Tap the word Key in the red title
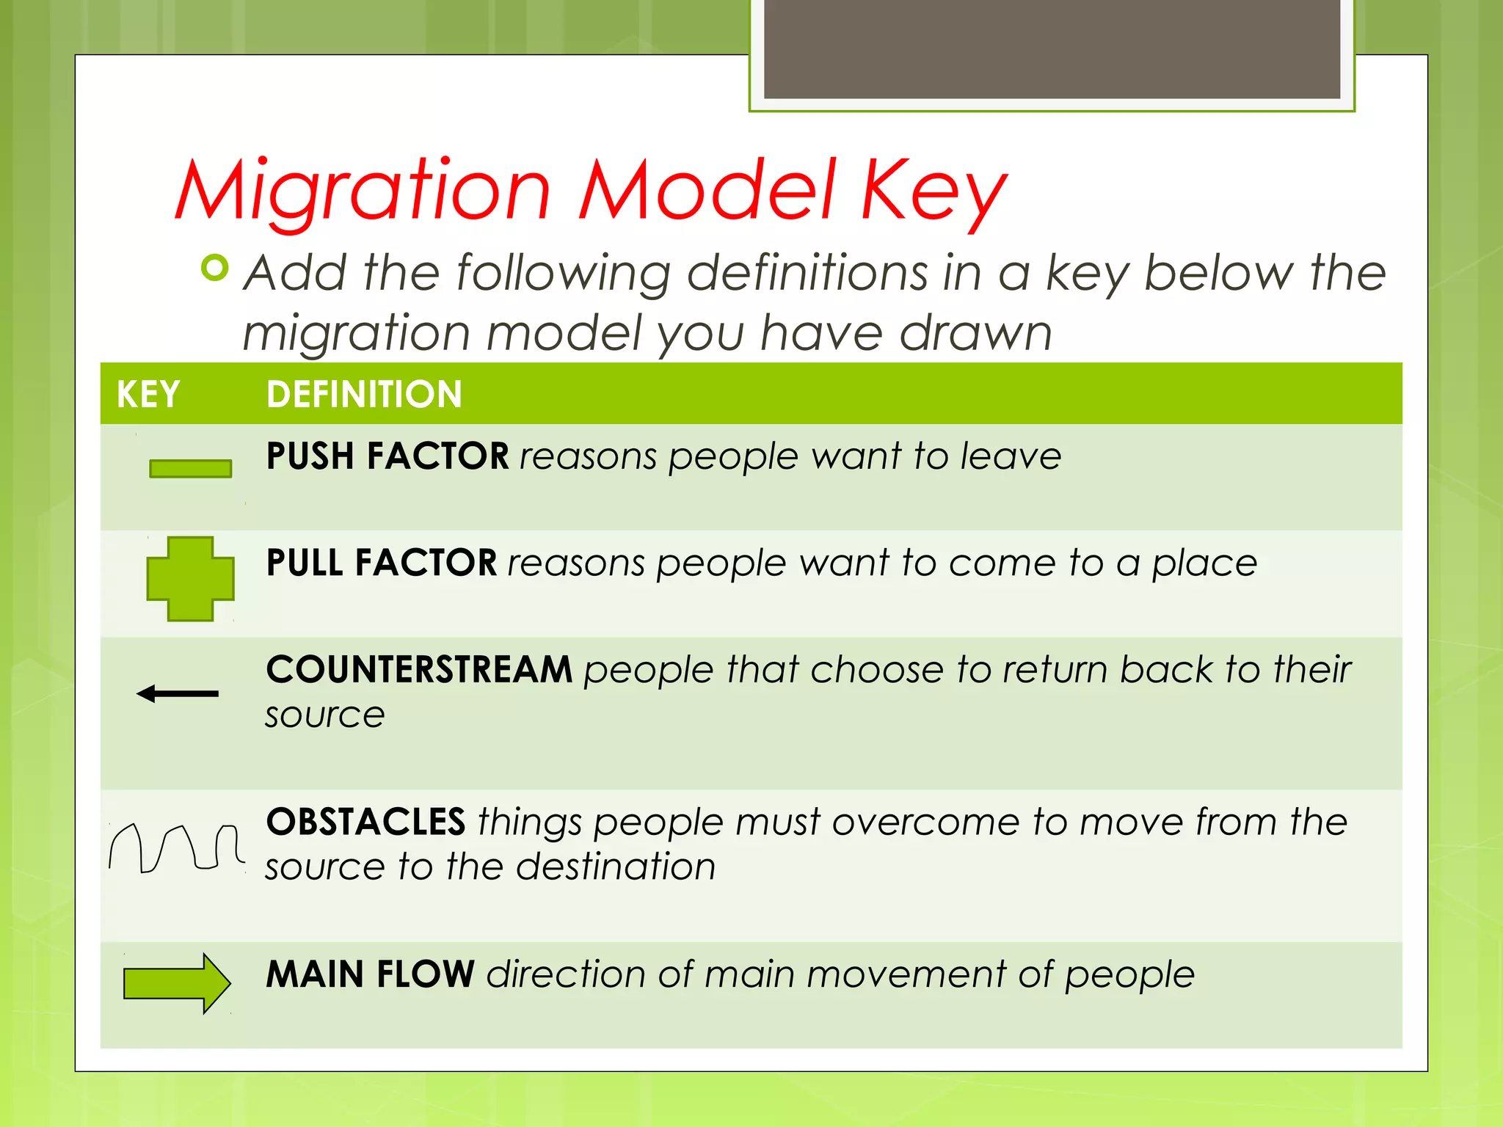coord(934,192)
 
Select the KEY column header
coord(148,394)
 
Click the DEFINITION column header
coord(364,394)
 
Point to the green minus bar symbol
coord(190,468)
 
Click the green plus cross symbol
coord(190,579)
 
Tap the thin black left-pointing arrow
coord(178,693)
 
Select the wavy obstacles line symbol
coord(176,848)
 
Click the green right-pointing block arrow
coord(177,983)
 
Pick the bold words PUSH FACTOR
coord(387,456)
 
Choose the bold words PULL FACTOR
coord(382,563)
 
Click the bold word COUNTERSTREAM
coord(419,669)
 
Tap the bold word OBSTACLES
coord(365,822)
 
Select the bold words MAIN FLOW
coord(371,974)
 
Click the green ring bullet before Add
coord(215,268)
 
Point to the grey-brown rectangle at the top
coord(1052,48)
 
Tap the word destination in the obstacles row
coord(616,867)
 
